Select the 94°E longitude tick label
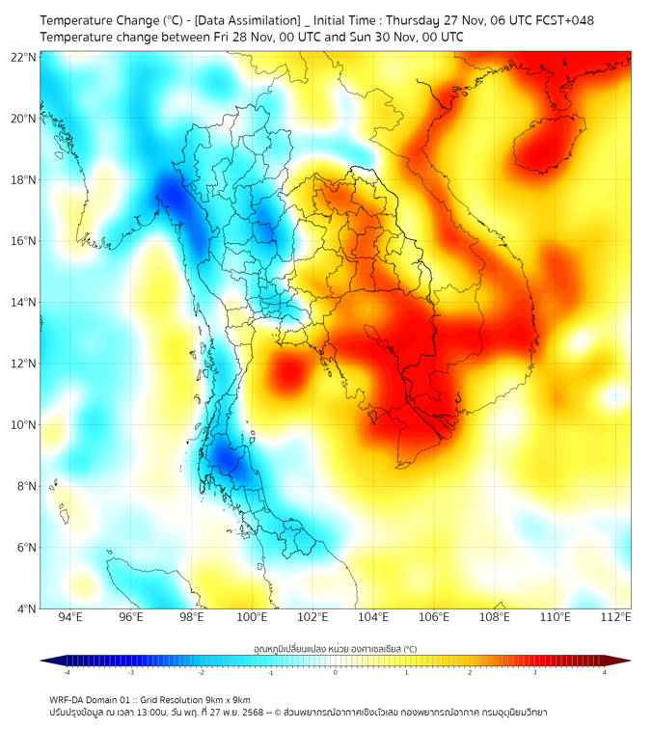(70, 617)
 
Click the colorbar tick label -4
(66, 672)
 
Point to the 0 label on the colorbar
(336, 672)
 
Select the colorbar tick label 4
(605, 672)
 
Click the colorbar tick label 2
(471, 672)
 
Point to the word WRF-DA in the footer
(68, 700)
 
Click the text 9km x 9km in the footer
(224, 700)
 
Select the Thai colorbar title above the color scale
(335, 649)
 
